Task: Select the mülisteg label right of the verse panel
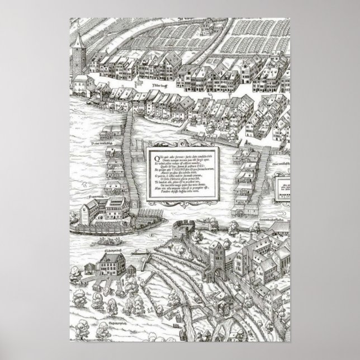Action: (x=280, y=164)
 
